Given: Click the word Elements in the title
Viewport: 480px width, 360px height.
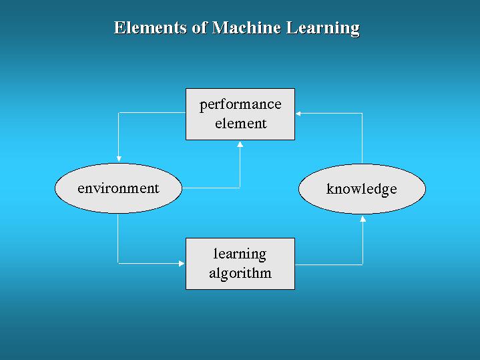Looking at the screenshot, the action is tap(150, 27).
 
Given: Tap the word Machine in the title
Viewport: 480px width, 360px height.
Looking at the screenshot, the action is tap(246, 27).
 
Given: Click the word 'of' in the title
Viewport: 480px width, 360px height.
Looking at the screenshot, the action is tap(200, 27).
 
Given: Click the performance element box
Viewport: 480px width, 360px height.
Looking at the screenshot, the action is tap(240, 114).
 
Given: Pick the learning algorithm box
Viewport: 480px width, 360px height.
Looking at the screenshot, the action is tap(240, 264).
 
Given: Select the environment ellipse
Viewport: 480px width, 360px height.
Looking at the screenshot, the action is tap(118, 188).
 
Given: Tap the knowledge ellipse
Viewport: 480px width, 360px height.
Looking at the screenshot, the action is tap(362, 189).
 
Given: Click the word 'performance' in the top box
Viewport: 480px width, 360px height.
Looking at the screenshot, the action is tap(240, 105).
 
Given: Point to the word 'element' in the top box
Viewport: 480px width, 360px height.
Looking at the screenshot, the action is tap(241, 124).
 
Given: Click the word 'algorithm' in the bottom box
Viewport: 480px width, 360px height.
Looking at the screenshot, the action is tap(240, 273).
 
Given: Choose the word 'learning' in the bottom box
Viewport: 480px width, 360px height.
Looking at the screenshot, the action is tap(240, 254).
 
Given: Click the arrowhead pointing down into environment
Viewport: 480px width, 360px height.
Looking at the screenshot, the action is tap(119, 159).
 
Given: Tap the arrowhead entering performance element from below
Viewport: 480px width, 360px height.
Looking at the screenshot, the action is tap(240, 144).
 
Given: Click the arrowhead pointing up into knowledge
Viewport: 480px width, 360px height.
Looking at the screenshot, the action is tap(363, 218).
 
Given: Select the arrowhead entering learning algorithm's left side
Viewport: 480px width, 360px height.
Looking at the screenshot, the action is tap(182, 264).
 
